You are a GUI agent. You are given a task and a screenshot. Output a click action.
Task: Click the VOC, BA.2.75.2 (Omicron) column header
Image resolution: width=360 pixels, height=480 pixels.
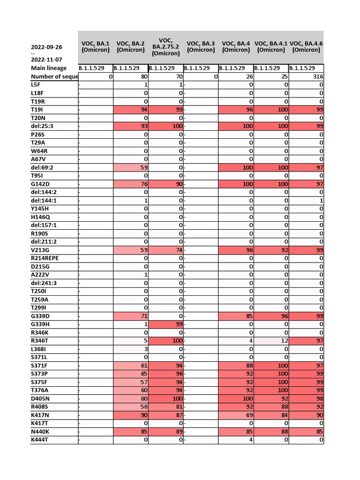(x=166, y=47)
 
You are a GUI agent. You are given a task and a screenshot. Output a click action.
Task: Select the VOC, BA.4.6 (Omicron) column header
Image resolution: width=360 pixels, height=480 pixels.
(x=306, y=47)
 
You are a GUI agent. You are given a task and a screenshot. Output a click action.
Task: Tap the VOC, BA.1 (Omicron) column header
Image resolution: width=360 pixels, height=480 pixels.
(x=96, y=47)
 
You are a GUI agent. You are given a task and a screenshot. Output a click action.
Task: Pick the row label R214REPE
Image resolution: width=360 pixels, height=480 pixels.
(x=45, y=258)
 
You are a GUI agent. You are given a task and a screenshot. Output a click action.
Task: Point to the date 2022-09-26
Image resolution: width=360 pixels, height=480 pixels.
(x=46, y=47)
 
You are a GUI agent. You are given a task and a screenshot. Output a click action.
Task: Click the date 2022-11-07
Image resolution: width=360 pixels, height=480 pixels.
(x=46, y=60)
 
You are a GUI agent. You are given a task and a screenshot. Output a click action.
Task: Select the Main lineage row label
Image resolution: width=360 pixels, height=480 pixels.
(x=49, y=68)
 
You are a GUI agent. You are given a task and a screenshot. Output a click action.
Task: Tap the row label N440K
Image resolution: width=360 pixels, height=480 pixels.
(x=40, y=432)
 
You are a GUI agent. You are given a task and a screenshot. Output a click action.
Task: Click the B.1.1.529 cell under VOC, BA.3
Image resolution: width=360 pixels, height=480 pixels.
(x=201, y=68)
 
